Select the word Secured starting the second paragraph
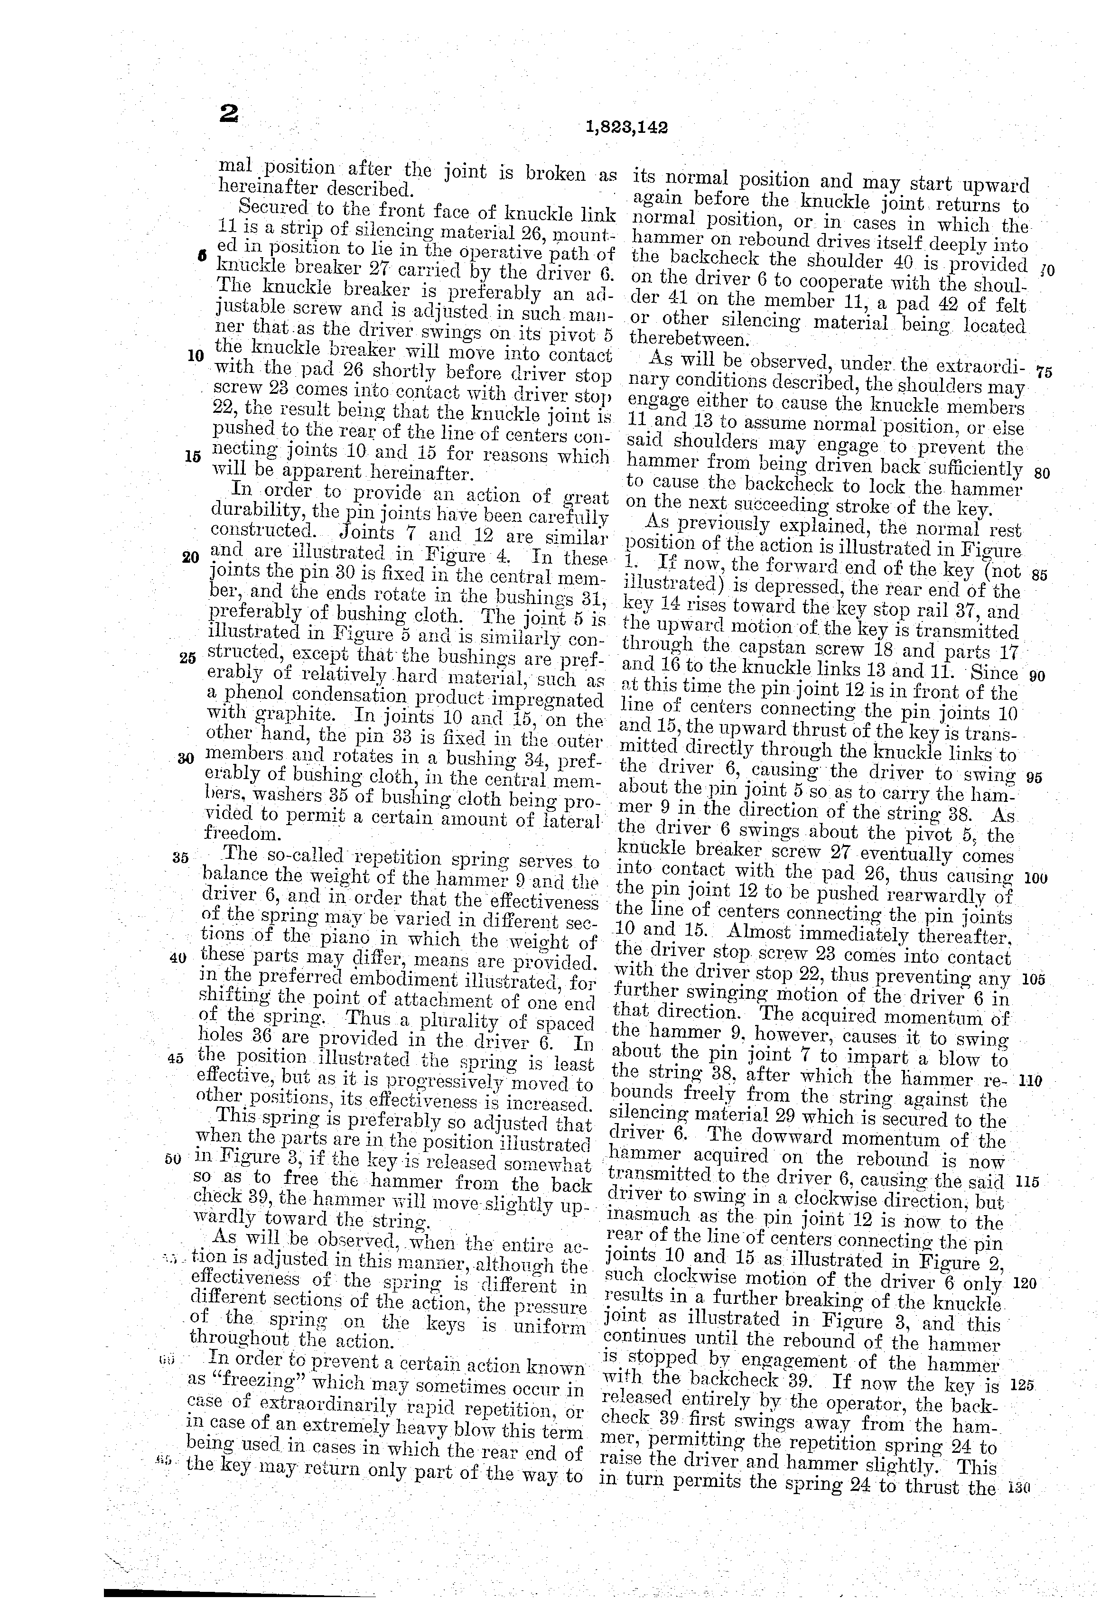tap(273, 207)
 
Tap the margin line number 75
tap(1043, 372)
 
